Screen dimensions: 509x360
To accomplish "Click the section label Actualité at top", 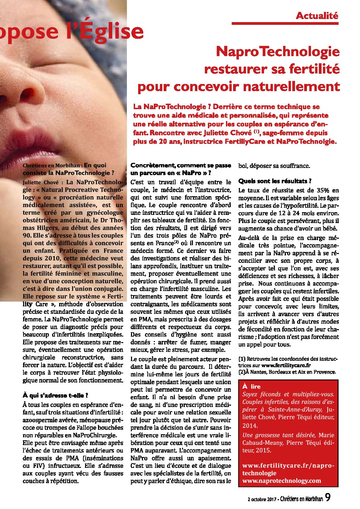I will [x=317, y=16].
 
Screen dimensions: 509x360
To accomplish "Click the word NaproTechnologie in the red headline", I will [x=278, y=52].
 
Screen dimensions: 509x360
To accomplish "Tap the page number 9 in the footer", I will [x=328, y=497].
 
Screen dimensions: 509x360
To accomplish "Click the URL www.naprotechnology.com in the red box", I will [x=281, y=481].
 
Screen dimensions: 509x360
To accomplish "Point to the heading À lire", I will [x=251, y=387].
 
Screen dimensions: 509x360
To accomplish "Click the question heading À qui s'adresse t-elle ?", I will [x=55, y=395].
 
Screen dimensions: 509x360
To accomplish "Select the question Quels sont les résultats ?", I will [x=275, y=181].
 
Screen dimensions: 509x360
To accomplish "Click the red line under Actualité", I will [x=285, y=23].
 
